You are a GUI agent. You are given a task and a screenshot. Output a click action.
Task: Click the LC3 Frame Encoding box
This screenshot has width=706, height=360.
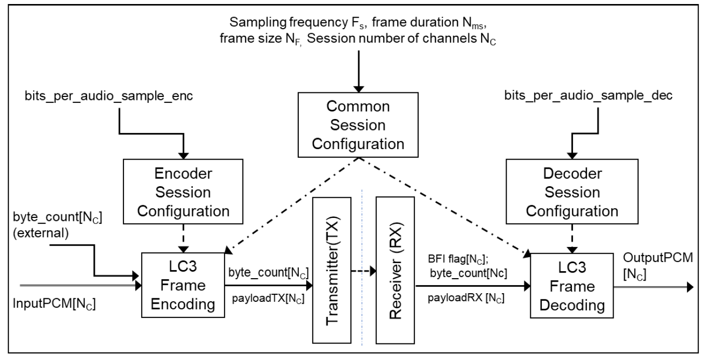pyautogui.click(x=183, y=285)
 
